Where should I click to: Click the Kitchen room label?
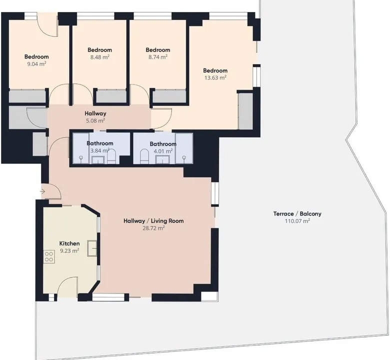(x=69, y=243)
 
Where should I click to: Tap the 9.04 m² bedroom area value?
(x=36, y=63)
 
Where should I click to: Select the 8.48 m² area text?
(x=99, y=57)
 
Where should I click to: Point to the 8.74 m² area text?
(x=158, y=57)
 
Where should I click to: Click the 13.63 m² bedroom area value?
(x=215, y=77)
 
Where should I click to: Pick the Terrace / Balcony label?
(x=297, y=213)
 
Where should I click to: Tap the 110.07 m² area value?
(x=297, y=221)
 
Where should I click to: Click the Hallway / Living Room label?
(x=153, y=221)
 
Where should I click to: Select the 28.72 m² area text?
(x=153, y=228)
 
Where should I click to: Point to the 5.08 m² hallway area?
(x=95, y=121)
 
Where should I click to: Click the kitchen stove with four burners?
(x=49, y=257)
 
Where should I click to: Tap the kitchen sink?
(x=92, y=248)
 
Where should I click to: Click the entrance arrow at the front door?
(x=42, y=191)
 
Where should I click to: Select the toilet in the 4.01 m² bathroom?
(x=144, y=156)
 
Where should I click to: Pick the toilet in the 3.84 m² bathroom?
(x=111, y=156)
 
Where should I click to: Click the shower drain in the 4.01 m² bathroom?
(x=184, y=157)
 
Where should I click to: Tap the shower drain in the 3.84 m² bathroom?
(x=81, y=157)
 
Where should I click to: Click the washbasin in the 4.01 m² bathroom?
(x=162, y=159)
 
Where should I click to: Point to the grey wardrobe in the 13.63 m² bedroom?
(x=245, y=111)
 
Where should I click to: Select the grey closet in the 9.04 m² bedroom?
(x=27, y=96)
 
